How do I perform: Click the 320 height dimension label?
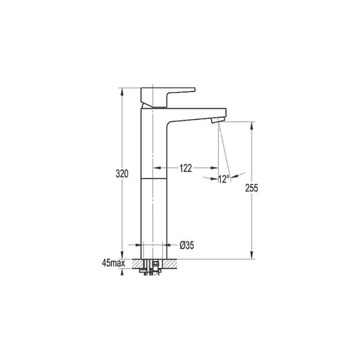[122, 174]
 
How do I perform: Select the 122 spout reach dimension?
[185, 168]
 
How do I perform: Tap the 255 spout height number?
[252, 188]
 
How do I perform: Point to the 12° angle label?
[224, 179]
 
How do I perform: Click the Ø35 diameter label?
[187, 245]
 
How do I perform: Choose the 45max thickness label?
[114, 263]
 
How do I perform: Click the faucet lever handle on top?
[168, 97]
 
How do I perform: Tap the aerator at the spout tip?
[218, 120]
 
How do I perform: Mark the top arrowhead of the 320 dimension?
[122, 92]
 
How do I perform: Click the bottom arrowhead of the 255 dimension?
[252, 255]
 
